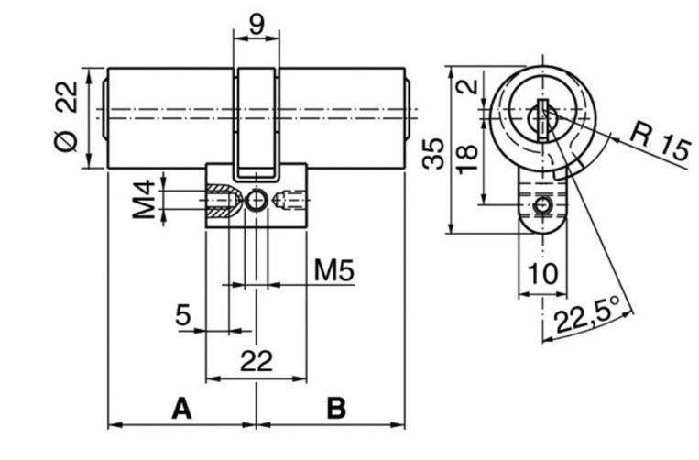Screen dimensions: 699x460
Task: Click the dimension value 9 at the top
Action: click(257, 25)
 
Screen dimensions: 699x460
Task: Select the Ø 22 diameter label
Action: click(67, 115)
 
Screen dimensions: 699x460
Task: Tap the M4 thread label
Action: click(144, 199)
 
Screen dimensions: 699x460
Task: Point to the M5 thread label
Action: click(333, 270)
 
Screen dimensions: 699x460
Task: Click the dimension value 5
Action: click(183, 315)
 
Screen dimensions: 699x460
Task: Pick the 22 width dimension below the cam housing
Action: click(257, 361)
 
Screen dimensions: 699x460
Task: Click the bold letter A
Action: click(182, 409)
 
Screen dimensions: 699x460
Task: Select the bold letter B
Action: click(336, 409)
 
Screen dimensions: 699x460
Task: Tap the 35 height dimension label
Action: click(433, 153)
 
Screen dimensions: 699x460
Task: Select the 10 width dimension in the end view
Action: click(542, 273)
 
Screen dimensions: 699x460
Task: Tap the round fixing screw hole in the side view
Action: click(257, 201)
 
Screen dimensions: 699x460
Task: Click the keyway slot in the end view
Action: click(542, 120)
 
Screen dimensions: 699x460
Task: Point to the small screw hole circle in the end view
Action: click(542, 205)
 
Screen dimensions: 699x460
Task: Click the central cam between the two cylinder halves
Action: click(257, 124)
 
